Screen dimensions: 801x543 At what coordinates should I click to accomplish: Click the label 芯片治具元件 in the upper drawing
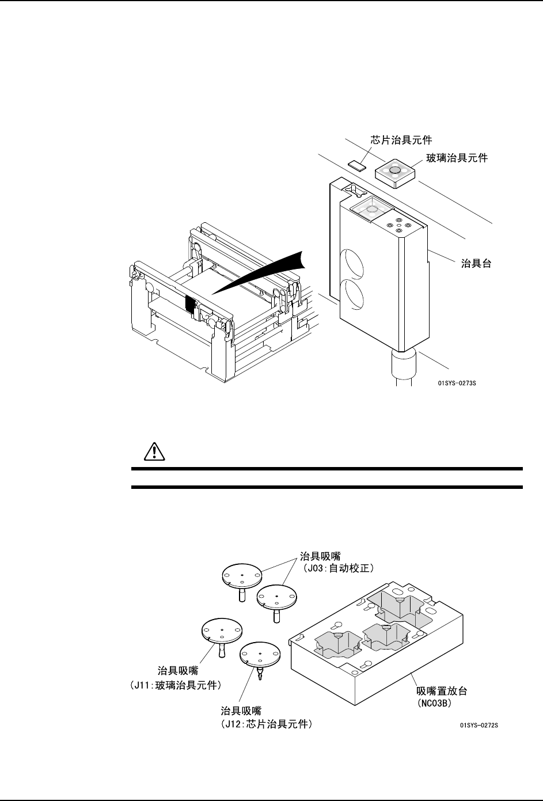401,139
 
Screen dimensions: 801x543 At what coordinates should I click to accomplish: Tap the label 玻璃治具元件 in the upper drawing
457,157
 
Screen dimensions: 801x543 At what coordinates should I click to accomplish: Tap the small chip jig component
356,165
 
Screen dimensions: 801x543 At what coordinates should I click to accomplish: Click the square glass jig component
394,171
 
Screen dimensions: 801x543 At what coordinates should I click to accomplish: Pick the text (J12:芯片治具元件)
267,725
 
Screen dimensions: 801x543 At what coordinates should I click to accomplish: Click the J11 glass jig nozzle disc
222,632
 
